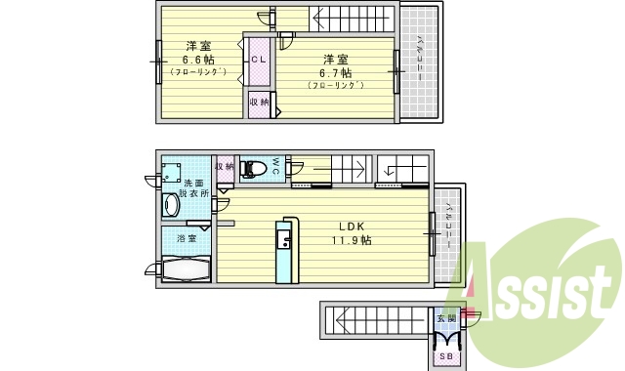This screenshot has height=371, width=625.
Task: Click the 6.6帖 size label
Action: [199, 59]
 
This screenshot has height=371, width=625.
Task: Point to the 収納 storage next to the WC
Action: [224, 168]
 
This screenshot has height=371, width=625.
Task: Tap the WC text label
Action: [276, 167]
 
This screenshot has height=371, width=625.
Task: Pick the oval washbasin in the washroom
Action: [172, 206]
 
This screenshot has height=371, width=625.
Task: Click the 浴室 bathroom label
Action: [187, 237]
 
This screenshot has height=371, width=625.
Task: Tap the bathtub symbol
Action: [183, 268]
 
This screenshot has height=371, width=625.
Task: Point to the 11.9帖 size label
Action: [351, 239]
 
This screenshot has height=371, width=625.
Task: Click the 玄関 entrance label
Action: [445, 319]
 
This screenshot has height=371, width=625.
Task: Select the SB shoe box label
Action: [445, 357]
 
